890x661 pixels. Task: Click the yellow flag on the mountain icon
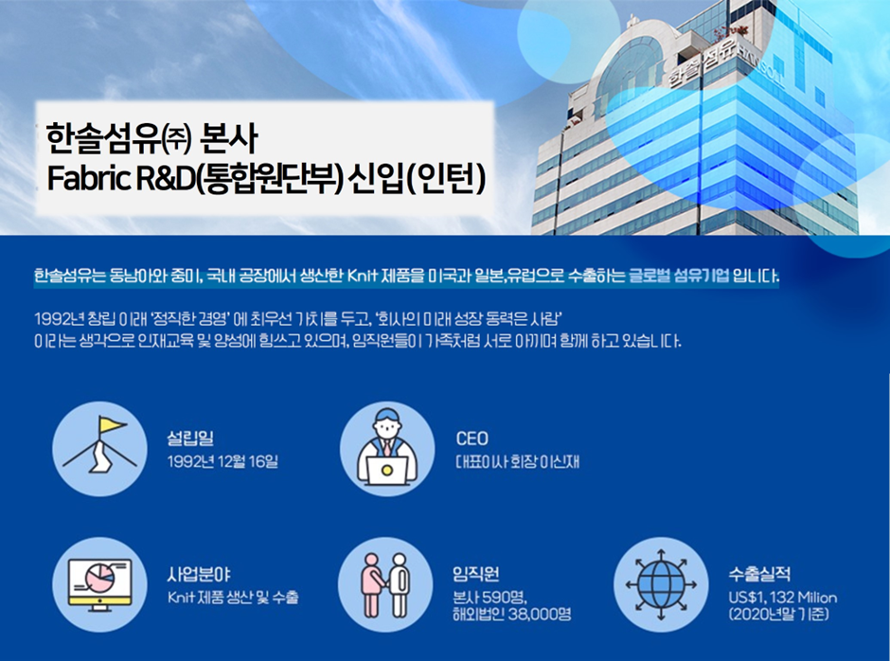(112, 425)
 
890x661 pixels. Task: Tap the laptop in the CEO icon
(386, 471)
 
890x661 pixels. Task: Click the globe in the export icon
(661, 585)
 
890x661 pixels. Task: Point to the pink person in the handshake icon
(371, 585)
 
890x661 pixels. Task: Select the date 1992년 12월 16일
(222, 461)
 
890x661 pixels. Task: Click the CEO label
(472, 438)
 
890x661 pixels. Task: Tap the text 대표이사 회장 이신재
(517, 461)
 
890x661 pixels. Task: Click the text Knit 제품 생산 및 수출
(233, 598)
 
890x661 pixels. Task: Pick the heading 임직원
(475, 574)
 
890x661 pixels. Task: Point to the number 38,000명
(540, 614)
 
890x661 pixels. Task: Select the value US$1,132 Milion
(783, 598)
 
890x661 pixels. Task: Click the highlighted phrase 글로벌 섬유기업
(679, 277)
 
